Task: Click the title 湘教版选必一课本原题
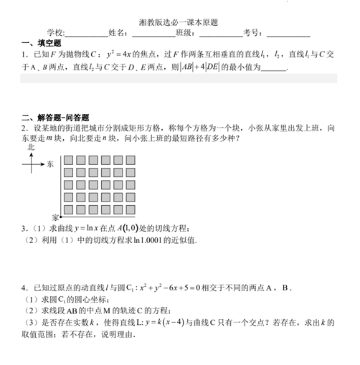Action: (180, 23)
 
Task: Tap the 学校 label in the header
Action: (55, 34)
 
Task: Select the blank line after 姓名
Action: (152, 34)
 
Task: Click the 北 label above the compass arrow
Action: (30, 146)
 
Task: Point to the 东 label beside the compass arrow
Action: (50, 164)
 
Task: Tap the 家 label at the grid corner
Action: (55, 216)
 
